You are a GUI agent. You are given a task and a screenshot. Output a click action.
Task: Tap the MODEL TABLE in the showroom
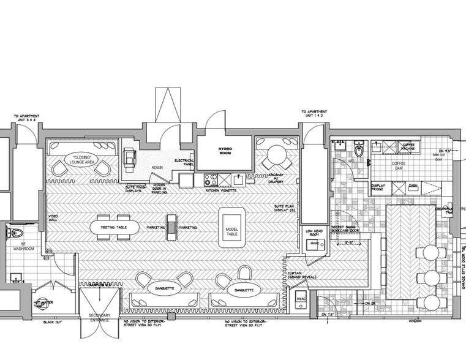click(231, 227)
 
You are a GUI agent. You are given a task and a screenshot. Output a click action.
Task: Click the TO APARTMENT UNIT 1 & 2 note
click(313, 114)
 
